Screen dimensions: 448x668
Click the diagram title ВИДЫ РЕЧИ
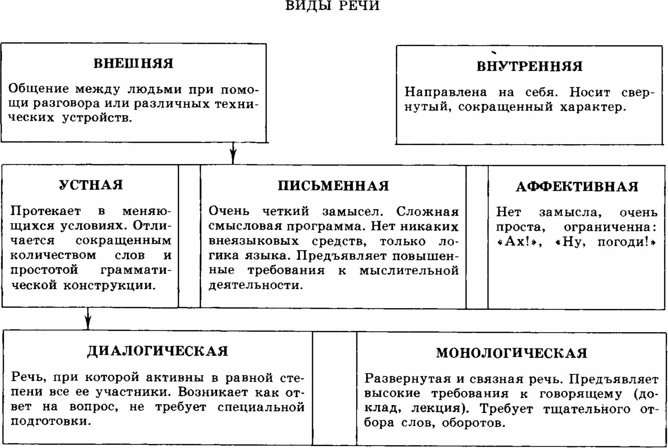click(x=332, y=6)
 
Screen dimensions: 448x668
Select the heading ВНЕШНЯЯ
click(x=133, y=63)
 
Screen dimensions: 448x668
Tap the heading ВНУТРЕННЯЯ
click(x=529, y=66)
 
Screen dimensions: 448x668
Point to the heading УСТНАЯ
click(x=91, y=184)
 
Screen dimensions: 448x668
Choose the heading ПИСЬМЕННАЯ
click(x=333, y=185)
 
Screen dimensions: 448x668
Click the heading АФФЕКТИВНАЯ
click(x=577, y=186)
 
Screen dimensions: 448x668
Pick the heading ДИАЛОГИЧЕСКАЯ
click(x=158, y=351)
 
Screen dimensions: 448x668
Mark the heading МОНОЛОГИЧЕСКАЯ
click(x=512, y=353)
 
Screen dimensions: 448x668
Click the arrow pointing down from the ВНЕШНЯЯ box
click(x=233, y=154)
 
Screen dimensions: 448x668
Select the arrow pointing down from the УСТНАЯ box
click(x=88, y=319)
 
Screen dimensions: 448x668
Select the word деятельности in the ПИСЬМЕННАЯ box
click(x=255, y=285)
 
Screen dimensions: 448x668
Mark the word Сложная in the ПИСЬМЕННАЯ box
click(x=428, y=212)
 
